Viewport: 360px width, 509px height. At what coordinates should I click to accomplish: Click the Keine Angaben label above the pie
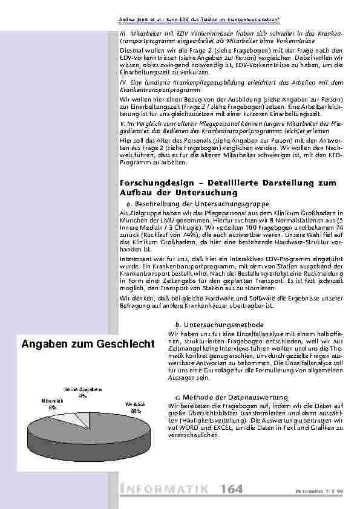click(82, 389)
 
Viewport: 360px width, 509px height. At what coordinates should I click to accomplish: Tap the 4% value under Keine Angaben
click(82, 396)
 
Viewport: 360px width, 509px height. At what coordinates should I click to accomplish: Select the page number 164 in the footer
click(232, 488)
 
